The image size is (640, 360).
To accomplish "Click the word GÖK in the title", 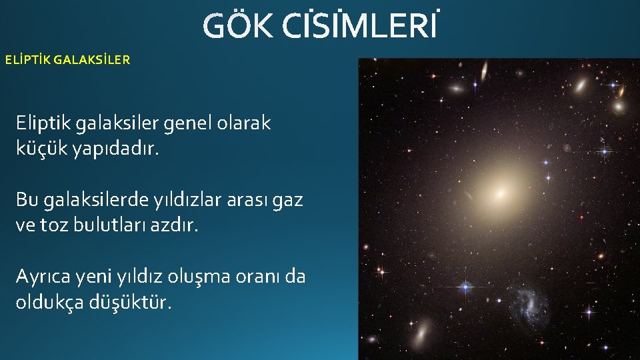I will [x=237, y=27].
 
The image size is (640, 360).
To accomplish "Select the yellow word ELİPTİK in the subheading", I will [x=27, y=60].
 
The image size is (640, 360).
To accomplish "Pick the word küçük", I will [x=39, y=148].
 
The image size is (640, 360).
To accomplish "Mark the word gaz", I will [x=289, y=201].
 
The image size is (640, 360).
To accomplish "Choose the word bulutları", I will [x=112, y=225].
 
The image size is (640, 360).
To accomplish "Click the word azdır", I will [x=175, y=225].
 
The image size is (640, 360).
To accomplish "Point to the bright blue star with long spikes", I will [x=465, y=286].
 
